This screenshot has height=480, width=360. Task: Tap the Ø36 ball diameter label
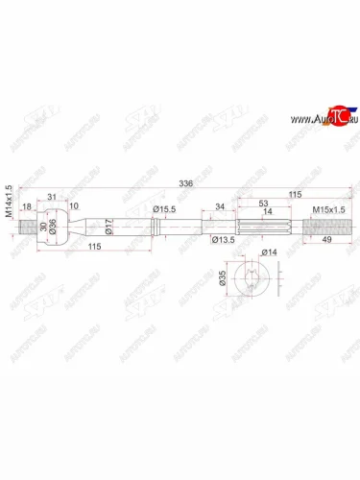pos(53,230)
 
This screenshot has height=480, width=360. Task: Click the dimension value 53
pos(264,204)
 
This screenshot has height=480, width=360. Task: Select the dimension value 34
pos(221,206)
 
